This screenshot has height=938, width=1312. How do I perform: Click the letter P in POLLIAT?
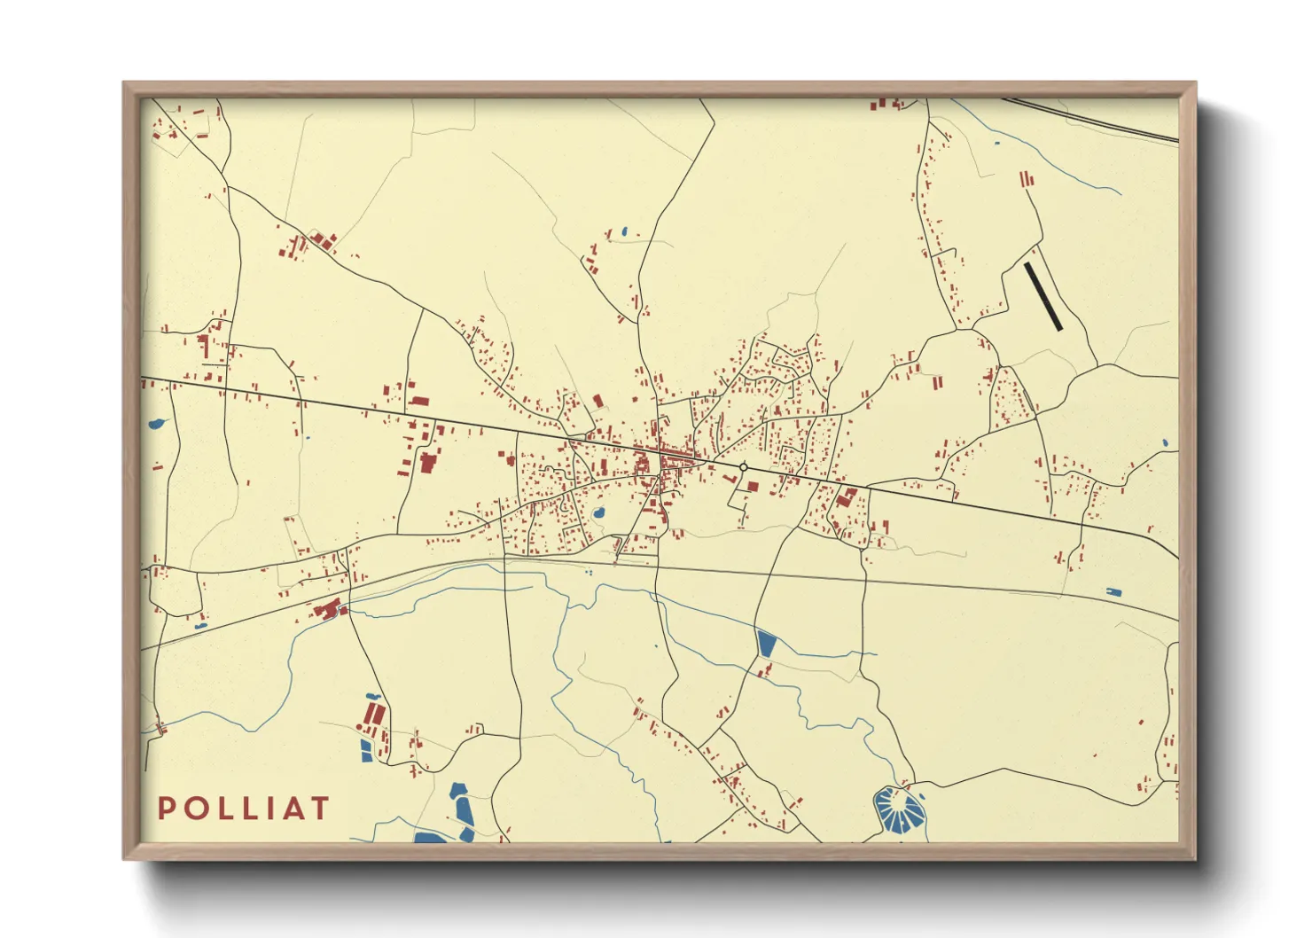coord(165,809)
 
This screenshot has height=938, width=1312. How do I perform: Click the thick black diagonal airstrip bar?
coord(1043,296)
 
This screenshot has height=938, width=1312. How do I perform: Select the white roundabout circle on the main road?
coord(743,467)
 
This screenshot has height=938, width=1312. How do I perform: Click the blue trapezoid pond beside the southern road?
coord(766,643)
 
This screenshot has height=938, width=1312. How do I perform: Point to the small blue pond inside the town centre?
coord(598,513)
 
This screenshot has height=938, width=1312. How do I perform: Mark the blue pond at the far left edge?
coord(159,424)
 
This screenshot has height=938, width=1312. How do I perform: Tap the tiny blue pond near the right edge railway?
coord(1113,591)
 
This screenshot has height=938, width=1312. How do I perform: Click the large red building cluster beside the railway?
coord(328,609)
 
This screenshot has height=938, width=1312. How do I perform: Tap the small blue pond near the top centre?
coord(624,232)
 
